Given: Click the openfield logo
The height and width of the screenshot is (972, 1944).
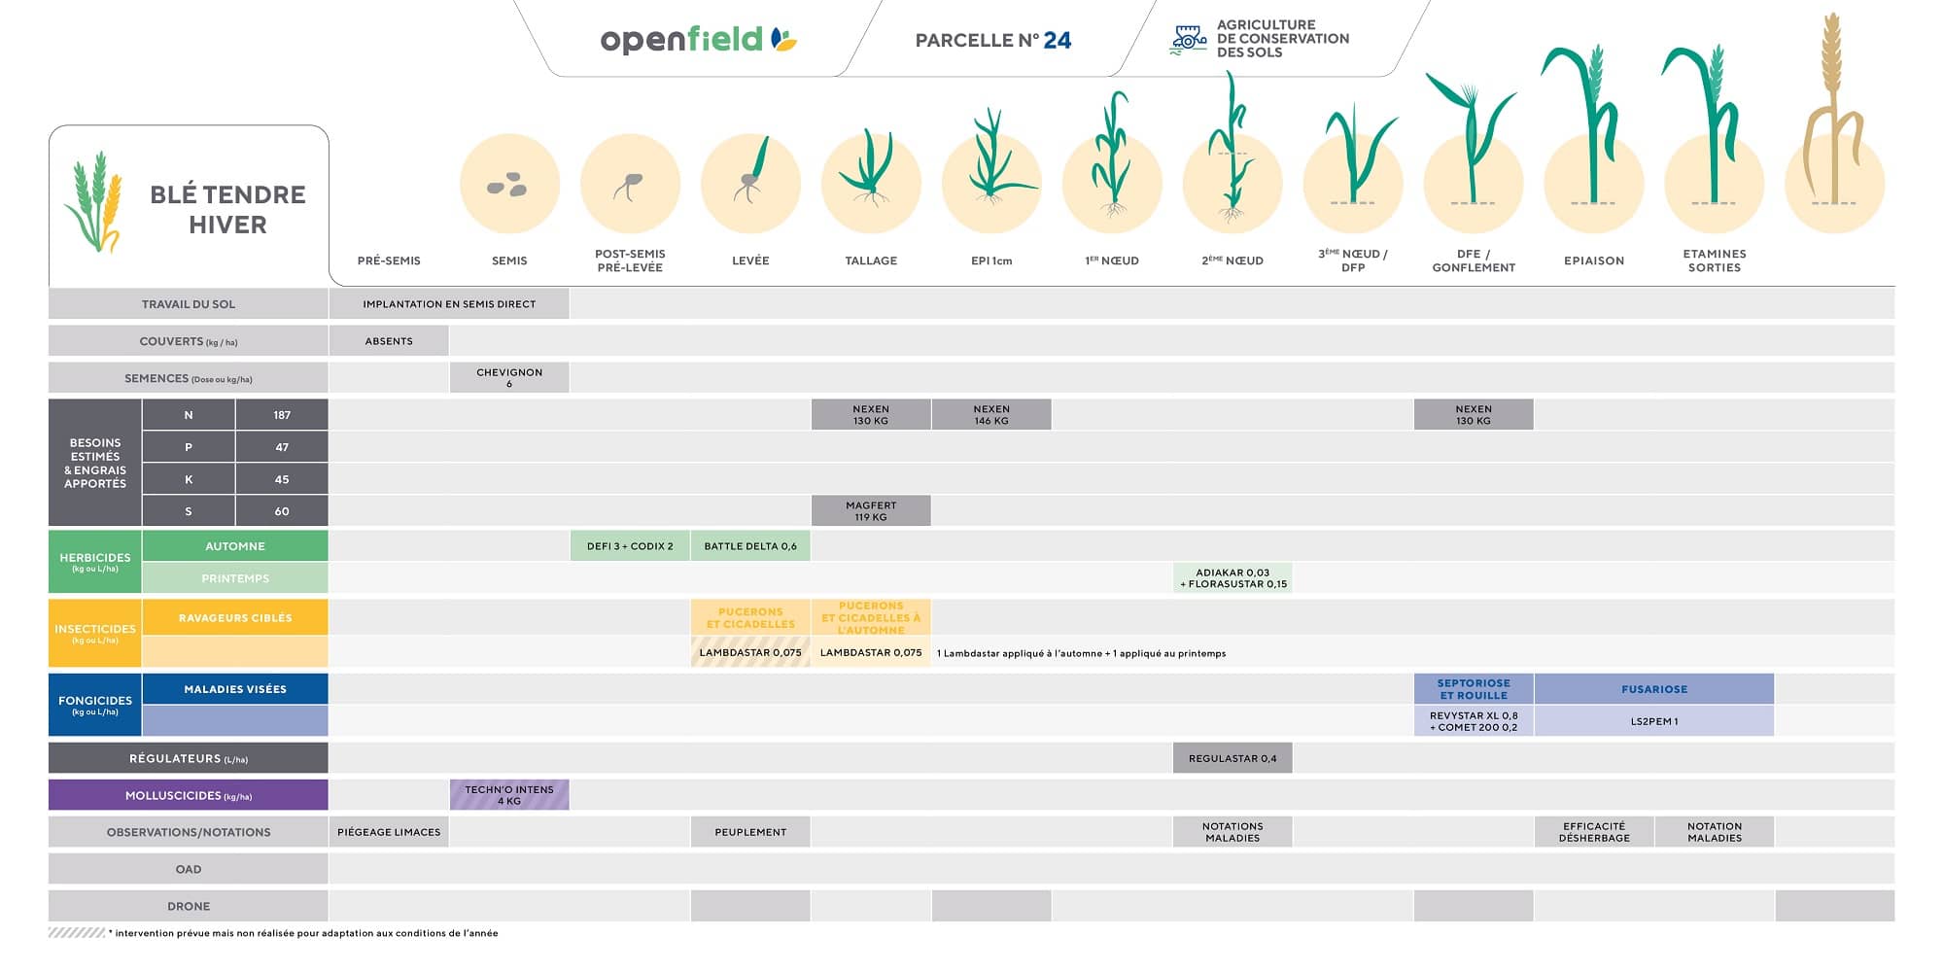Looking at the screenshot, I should pyautogui.click(x=698, y=40).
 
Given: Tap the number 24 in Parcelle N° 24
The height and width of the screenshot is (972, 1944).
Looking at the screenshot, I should pyautogui.click(x=1057, y=40).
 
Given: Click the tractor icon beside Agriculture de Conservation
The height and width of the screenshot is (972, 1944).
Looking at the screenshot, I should pyautogui.click(x=1188, y=39).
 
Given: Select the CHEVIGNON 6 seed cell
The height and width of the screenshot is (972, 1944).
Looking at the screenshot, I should pyautogui.click(x=509, y=378).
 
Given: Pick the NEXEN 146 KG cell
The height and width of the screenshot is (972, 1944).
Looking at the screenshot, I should pyautogui.click(x=991, y=415).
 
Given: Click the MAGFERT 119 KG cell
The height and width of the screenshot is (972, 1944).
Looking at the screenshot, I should pyautogui.click(x=871, y=511).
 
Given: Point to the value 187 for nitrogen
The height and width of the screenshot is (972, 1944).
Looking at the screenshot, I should pyautogui.click(x=282, y=415).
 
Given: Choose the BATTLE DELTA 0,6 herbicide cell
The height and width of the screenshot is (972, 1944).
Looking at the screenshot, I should pyautogui.click(x=750, y=546).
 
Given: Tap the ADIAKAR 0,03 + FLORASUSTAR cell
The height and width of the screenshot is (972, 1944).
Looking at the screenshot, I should pyautogui.click(x=1232, y=578).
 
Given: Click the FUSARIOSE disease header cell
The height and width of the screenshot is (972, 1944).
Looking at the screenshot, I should pyautogui.click(x=1654, y=689).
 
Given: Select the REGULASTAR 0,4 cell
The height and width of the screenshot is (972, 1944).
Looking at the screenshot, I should pyautogui.click(x=1232, y=758).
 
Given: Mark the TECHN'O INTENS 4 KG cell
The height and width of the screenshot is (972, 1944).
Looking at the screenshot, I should pyautogui.click(x=509, y=795).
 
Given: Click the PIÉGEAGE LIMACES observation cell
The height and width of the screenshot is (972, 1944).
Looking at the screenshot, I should pyautogui.click(x=389, y=832).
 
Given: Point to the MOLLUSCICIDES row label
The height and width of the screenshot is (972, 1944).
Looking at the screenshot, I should pyautogui.click(x=189, y=795).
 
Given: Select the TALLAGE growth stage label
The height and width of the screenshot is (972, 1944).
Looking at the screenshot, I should pyautogui.click(x=871, y=260).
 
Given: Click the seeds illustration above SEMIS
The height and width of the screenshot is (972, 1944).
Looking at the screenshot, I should pyautogui.click(x=507, y=185).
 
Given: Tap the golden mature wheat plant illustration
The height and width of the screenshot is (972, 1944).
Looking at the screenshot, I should pyautogui.click(x=1833, y=117).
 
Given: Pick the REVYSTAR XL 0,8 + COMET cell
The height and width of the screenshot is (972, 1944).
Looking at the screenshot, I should pyautogui.click(x=1474, y=721).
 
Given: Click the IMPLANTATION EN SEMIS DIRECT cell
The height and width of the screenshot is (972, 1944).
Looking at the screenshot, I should pyautogui.click(x=449, y=304).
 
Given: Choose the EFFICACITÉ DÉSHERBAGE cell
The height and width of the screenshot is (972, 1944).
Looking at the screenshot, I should pyautogui.click(x=1594, y=832).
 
